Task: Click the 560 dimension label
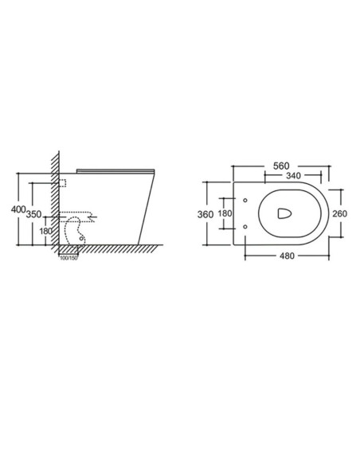pos(281,166)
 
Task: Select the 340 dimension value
pos(293,176)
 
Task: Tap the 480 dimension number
pos(287,256)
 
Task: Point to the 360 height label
pos(205,214)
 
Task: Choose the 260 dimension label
pos(339,213)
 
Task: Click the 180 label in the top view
pos(225,213)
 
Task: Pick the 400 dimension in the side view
pos(18,209)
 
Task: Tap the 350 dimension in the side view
pos(33,214)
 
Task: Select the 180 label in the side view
pos(46,231)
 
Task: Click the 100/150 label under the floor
pos(68,258)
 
